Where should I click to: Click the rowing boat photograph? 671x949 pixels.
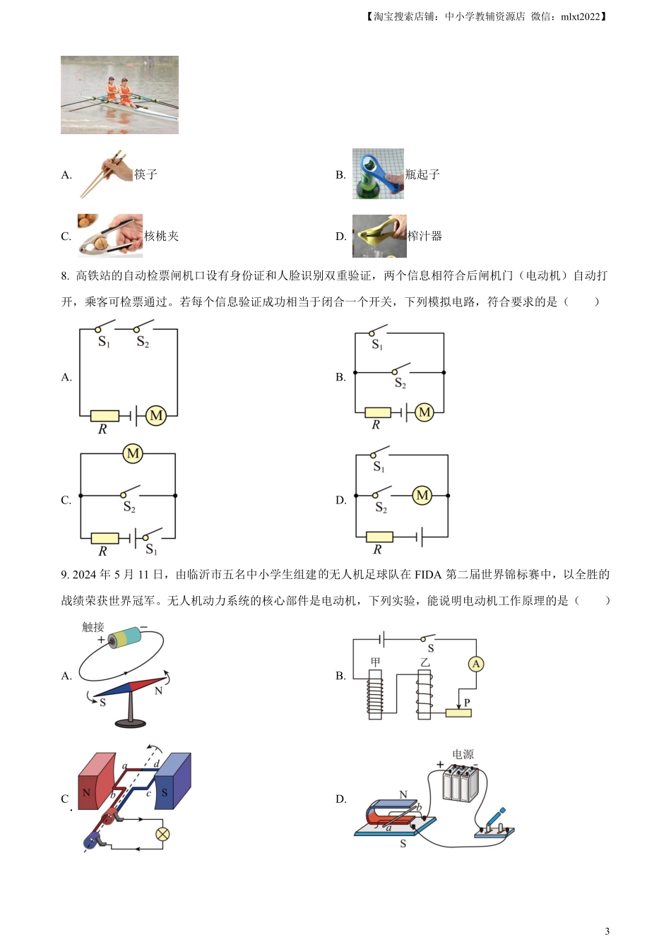(x=119, y=95)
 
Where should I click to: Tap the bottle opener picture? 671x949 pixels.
(x=378, y=174)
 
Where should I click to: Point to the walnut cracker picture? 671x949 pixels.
(x=110, y=235)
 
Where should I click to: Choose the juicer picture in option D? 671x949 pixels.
(x=379, y=236)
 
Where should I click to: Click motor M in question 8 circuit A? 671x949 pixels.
(x=156, y=416)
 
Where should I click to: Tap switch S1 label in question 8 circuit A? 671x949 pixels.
(x=104, y=342)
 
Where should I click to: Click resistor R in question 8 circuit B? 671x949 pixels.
(x=378, y=412)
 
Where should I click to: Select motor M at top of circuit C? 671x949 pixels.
(x=133, y=453)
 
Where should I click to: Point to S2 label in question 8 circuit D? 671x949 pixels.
(x=381, y=507)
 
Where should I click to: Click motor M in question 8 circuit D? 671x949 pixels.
(x=422, y=496)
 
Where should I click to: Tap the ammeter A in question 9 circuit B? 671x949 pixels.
(x=476, y=664)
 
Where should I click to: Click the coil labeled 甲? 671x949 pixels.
(x=375, y=694)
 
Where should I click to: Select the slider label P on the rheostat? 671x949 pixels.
(x=467, y=703)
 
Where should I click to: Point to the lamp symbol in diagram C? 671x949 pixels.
(x=162, y=834)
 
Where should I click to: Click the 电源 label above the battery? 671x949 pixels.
(x=463, y=754)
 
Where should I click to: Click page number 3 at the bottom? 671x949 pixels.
(x=607, y=931)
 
